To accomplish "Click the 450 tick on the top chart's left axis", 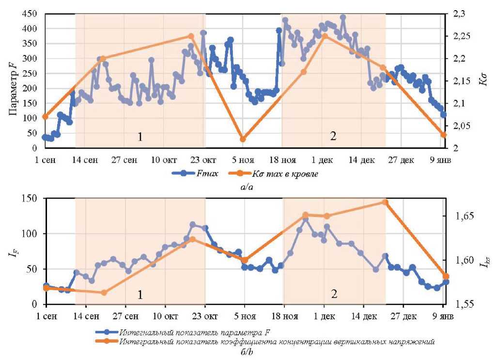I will click(x=30, y=14).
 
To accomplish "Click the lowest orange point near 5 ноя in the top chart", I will click(x=243, y=139).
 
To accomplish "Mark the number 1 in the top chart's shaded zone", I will click(x=140, y=137).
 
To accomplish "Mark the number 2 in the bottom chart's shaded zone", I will click(x=334, y=294).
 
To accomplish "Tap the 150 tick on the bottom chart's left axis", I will click(x=30, y=198).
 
